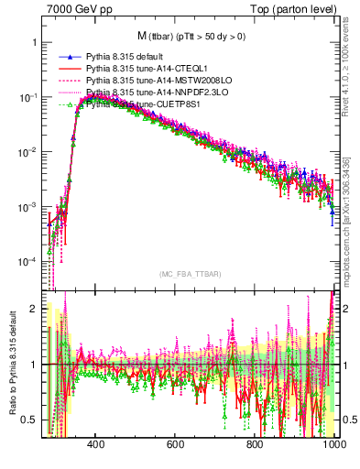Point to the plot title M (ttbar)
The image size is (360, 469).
click(x=193, y=36)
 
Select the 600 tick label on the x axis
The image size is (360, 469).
click(x=175, y=456)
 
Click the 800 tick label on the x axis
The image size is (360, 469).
click(x=255, y=456)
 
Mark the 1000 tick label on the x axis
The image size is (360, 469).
click(x=332, y=456)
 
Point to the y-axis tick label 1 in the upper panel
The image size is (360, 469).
click(x=33, y=43)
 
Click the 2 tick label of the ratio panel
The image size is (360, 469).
click(x=33, y=309)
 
